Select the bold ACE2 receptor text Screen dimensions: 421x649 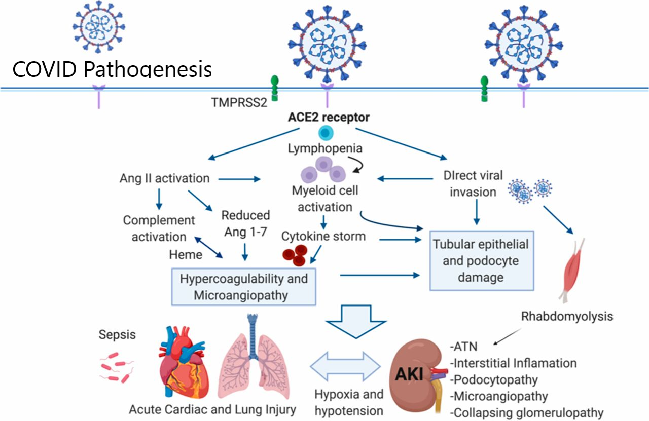tap(330, 118)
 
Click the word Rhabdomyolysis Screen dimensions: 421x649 tap(567, 316)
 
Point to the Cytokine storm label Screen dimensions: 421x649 tap(323, 236)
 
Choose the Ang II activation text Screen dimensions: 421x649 tap(164, 178)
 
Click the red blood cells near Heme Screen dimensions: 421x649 tap(295, 254)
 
